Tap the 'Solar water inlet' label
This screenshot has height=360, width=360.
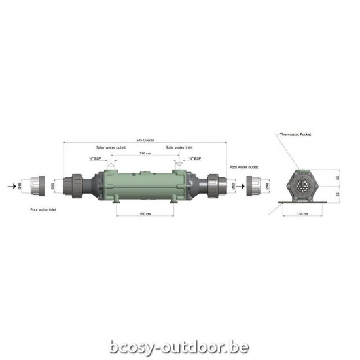tap(179, 147)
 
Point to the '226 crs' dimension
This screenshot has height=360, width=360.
tap(144, 153)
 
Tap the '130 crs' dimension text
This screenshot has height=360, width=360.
tap(302, 213)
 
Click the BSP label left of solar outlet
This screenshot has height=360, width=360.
tap(94, 158)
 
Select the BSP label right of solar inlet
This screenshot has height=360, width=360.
tap(194, 158)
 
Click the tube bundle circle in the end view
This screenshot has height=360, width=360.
tap(302, 186)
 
